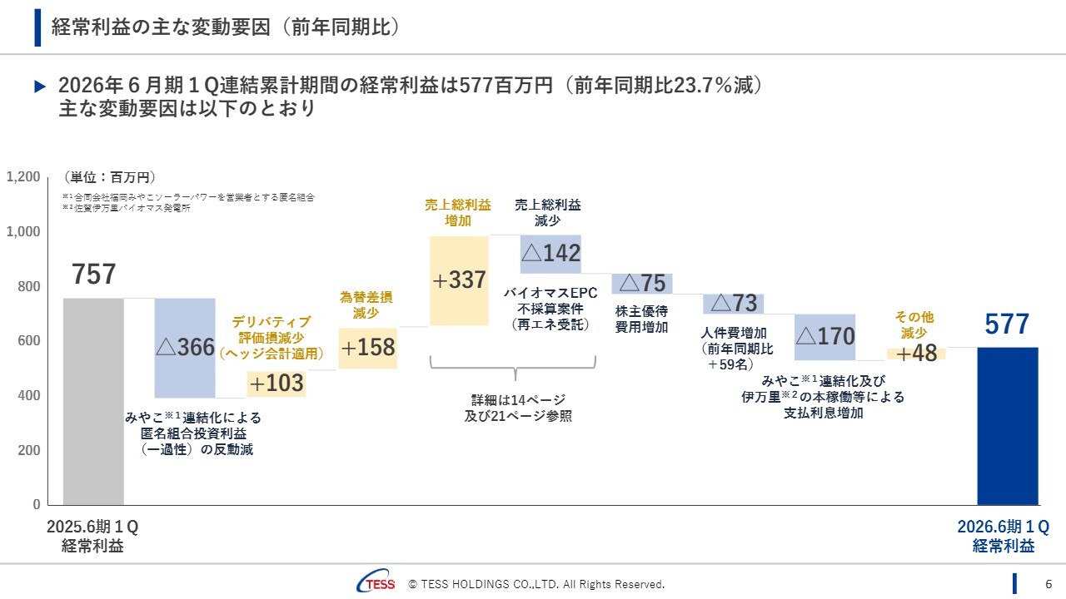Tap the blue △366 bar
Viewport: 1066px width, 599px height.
[185, 348]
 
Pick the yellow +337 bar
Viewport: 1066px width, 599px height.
[460, 280]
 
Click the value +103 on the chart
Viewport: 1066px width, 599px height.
[276, 384]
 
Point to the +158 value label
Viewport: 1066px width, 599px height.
[367, 348]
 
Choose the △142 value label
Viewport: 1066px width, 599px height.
[550, 254]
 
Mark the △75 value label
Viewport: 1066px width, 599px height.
[642, 284]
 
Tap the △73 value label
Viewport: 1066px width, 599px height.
[734, 303]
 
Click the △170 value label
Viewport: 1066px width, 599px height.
[825, 337]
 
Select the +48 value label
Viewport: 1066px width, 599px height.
[916, 354]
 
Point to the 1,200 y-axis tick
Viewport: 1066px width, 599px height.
[23, 176]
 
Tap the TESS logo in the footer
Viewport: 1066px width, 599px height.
[376, 584]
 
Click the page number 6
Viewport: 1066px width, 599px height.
[1049, 584]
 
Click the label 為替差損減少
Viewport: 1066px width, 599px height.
[366, 304]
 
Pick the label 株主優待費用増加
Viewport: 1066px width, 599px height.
[641, 319]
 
